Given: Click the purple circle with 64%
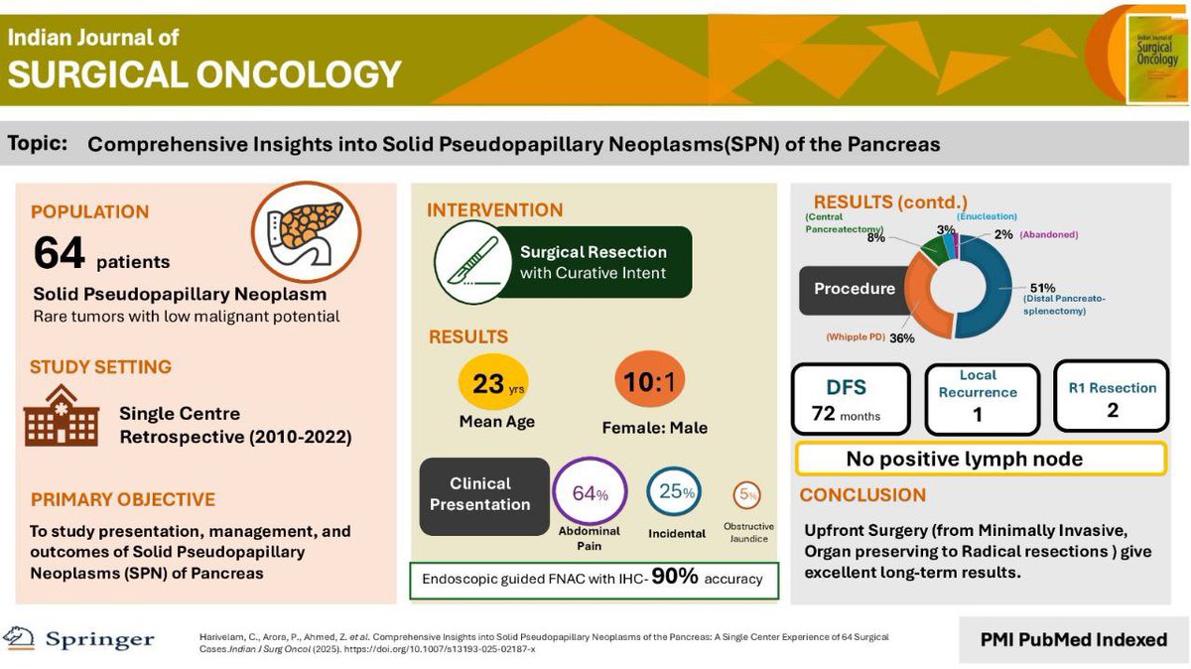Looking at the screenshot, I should pyautogui.click(x=589, y=493).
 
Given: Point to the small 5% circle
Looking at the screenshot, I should pyautogui.click(x=747, y=494).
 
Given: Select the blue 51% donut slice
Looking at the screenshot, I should pyautogui.click(x=995, y=288).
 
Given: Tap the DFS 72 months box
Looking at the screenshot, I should pyautogui.click(x=850, y=399).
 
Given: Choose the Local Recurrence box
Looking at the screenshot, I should pyautogui.click(x=982, y=398).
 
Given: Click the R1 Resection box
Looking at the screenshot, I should pyautogui.click(x=1112, y=396).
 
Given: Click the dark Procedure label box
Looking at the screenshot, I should pyautogui.click(x=854, y=290).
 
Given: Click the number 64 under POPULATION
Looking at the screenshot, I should pyautogui.click(x=60, y=255).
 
